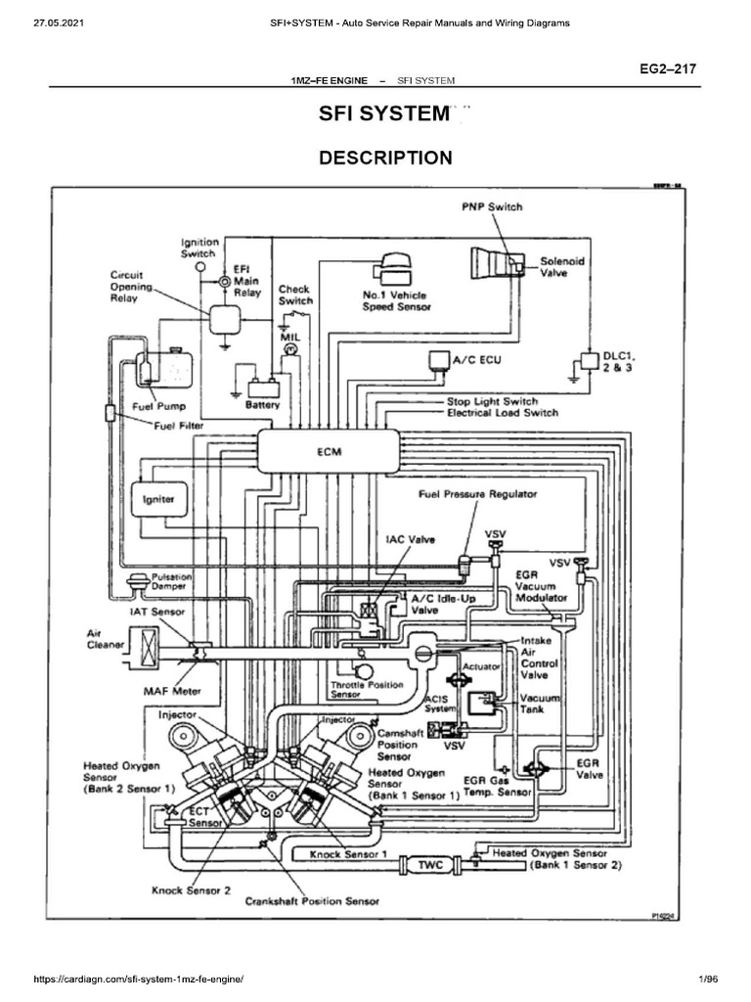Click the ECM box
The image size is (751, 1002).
328,451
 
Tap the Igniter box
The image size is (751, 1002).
158,498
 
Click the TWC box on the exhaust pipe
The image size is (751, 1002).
431,865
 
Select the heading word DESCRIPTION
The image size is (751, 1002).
385,158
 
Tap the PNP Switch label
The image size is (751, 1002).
492,206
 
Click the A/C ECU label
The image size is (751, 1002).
476,360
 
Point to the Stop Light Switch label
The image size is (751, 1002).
492,401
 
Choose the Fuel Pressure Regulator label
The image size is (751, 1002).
477,495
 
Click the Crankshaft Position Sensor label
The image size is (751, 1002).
312,900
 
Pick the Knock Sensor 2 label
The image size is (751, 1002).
191,889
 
